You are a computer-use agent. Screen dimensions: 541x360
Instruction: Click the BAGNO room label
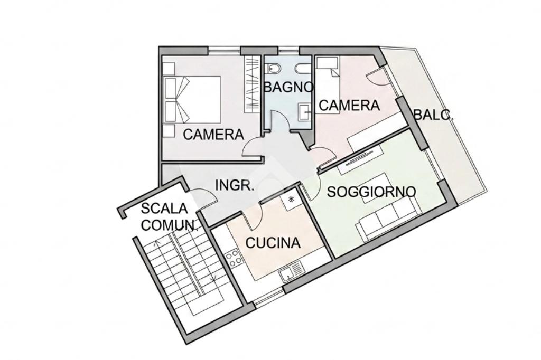(288, 87)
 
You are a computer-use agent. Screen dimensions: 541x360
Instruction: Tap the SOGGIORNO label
(371, 192)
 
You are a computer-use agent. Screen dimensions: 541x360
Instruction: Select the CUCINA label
(273, 243)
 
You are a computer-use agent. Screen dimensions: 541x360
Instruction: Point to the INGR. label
(235, 185)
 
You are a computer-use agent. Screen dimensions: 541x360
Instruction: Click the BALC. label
(433, 115)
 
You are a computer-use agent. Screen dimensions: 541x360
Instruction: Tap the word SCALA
(164, 209)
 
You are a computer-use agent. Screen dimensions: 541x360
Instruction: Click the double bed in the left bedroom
(192, 100)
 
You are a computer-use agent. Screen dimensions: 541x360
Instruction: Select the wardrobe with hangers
(252, 84)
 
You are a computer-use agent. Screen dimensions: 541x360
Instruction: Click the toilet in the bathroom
(274, 69)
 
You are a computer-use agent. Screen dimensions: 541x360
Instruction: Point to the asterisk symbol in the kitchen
(291, 199)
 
